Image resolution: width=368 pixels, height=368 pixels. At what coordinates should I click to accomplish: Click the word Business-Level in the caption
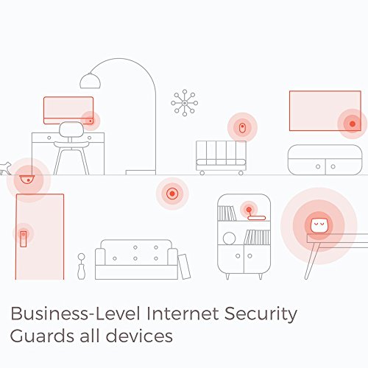pos(75,314)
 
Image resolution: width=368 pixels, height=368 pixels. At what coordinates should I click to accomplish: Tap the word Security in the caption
pos(261,314)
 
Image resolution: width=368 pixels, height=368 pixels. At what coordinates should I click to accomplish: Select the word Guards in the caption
pos(42,336)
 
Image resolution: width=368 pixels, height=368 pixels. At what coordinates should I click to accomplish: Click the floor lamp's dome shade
pos(90,81)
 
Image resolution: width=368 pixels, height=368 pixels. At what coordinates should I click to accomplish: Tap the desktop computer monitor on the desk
pos(68,110)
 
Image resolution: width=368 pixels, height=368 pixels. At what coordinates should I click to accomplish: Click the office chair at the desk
pos(71,148)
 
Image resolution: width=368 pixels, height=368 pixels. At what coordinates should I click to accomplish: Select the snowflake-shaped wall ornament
pos(185,103)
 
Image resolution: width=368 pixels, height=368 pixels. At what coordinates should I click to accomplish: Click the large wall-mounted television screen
pos(325,110)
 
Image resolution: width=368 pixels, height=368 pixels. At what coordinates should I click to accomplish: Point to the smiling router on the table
pos(319,226)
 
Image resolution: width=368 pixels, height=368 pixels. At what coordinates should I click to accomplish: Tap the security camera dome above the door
pos(27,180)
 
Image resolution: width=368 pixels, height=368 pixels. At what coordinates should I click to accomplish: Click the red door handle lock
pos(24,238)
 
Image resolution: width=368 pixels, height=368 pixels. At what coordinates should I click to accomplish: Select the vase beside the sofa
pos(81,266)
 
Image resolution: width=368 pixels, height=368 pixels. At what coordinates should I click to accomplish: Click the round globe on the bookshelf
pos(229,238)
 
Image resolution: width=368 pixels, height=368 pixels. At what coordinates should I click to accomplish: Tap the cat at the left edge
pos(5,168)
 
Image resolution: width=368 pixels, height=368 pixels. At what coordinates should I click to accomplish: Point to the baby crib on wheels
pos(221,158)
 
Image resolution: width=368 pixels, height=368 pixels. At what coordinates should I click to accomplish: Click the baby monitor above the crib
pos(242,128)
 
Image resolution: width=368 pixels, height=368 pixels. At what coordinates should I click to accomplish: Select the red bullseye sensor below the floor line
pos(172,194)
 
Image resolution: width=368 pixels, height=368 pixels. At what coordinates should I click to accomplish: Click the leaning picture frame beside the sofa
pos(184,266)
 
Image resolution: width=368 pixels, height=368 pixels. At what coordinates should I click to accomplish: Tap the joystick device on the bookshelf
pos(255,215)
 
